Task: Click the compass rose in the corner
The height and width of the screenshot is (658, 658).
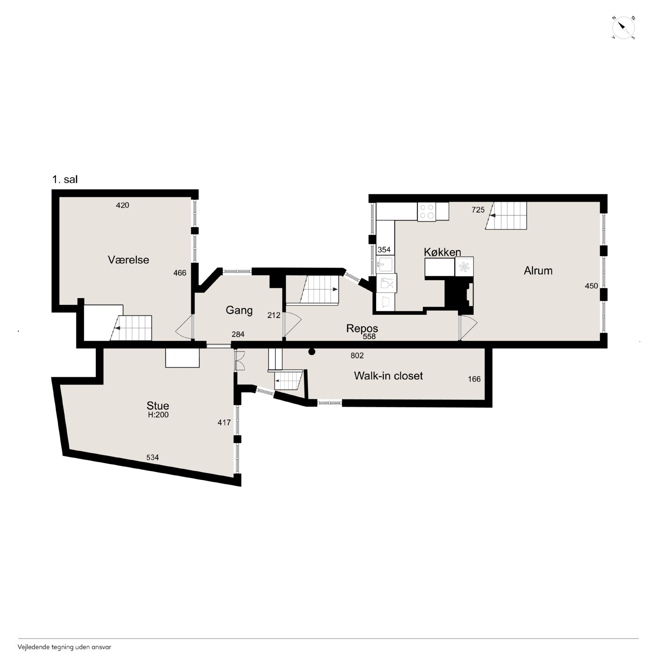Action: (x=623, y=28)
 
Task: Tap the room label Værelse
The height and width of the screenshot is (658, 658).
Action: (x=128, y=260)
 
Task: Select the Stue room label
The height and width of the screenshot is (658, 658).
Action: (x=158, y=406)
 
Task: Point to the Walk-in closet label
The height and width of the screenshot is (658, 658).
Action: (x=388, y=376)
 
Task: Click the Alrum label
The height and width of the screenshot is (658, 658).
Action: (x=538, y=271)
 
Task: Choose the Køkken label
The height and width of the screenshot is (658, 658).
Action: (x=442, y=252)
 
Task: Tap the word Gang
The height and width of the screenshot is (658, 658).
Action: (x=239, y=310)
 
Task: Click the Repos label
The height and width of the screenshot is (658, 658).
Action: (x=362, y=328)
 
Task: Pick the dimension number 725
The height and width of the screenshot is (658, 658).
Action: (x=478, y=210)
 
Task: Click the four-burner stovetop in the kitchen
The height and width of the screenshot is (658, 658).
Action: (x=427, y=211)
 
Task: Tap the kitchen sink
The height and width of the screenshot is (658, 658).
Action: (x=385, y=264)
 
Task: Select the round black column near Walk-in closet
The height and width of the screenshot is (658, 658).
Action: (x=312, y=352)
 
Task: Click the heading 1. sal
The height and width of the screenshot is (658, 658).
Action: (x=65, y=179)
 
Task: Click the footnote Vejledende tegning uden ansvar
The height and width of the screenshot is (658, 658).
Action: (x=64, y=647)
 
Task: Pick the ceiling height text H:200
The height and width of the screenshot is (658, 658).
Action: (x=158, y=415)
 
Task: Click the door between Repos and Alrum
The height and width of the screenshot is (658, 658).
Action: (x=468, y=327)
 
